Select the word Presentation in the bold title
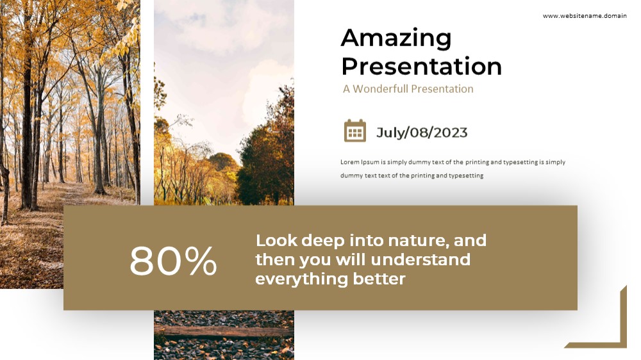(422, 66)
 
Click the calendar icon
(355, 131)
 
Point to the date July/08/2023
(422, 133)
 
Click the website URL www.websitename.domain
(585, 16)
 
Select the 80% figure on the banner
(173, 260)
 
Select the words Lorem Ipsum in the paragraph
(360, 162)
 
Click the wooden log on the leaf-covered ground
(224, 330)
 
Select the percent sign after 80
(201, 260)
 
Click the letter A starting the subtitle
(346, 89)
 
